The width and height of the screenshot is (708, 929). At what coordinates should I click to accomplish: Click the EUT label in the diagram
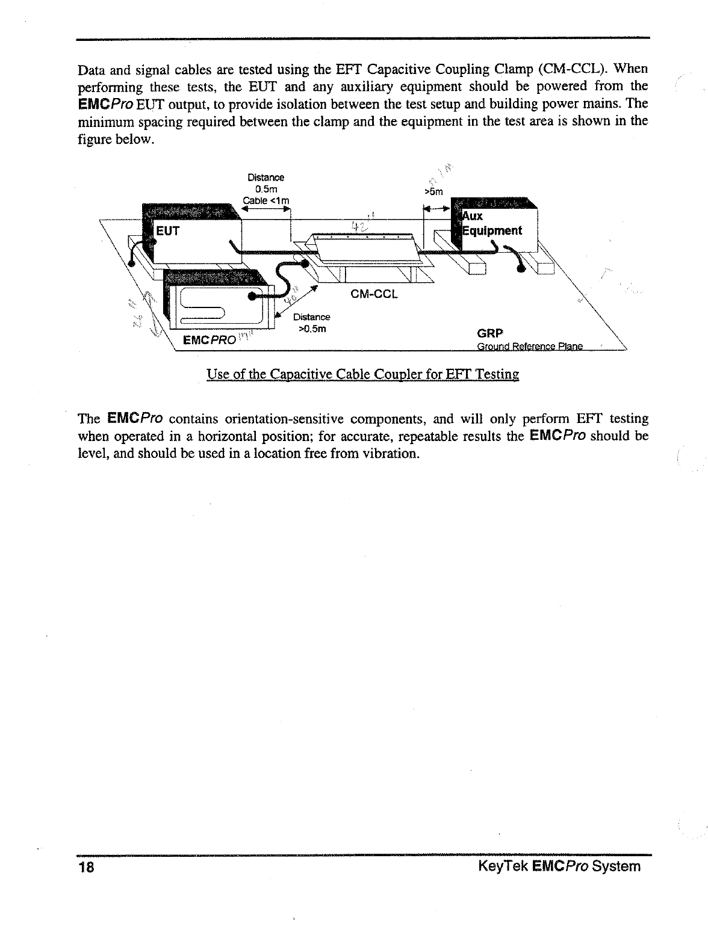coord(168,231)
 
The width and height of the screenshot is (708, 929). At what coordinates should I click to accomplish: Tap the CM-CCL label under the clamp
coord(374,295)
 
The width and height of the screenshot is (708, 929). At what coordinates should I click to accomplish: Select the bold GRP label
coord(489,333)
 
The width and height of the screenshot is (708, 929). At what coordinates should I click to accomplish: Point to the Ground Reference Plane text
coord(530,347)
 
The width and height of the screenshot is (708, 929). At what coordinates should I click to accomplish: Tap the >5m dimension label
coord(433,193)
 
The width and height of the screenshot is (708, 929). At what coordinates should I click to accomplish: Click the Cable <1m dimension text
coord(266,200)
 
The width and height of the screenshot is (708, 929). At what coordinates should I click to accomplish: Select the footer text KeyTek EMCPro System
coord(559,866)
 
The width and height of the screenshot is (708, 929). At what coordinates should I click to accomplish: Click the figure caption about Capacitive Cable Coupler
coord(362,374)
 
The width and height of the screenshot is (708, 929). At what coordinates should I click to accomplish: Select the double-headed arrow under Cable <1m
coord(266,209)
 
